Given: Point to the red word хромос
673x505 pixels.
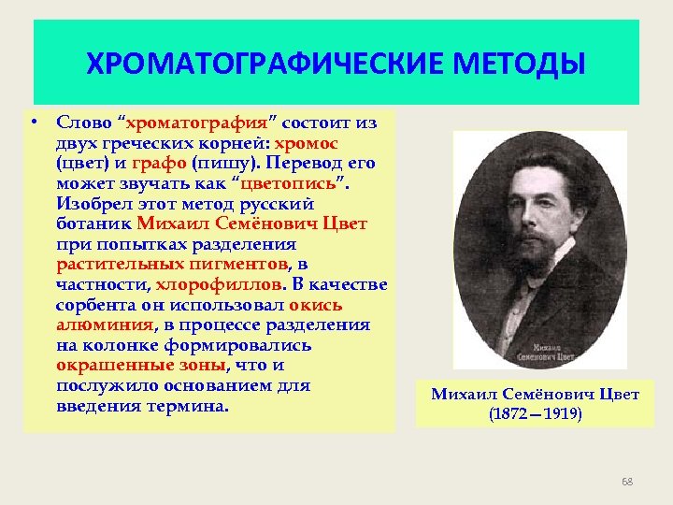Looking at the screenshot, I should point(307,143).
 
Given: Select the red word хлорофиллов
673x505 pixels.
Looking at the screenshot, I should point(217,284).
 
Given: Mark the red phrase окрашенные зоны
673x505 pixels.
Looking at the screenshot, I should point(140,366).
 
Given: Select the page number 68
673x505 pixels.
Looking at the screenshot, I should point(627,482).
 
